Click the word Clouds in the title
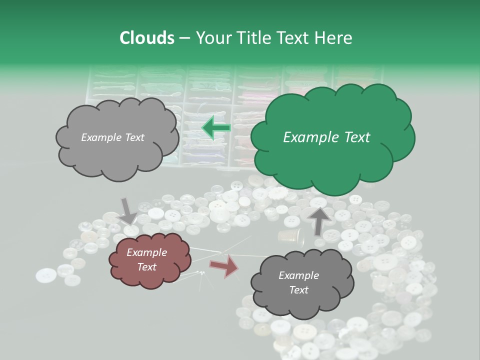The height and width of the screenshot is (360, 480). tap(146, 38)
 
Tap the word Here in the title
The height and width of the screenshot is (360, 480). tap(333, 38)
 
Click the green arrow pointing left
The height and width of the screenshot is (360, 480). tap(216, 128)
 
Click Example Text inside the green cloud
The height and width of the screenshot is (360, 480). tap(326, 137)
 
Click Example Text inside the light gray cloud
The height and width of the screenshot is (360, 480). tap(112, 137)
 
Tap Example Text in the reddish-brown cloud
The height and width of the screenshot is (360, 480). tap(147, 260)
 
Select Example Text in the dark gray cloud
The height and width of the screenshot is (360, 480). tap(299, 282)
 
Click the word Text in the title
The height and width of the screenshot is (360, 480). tap(296, 38)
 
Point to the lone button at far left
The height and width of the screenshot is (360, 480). tap(46, 275)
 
